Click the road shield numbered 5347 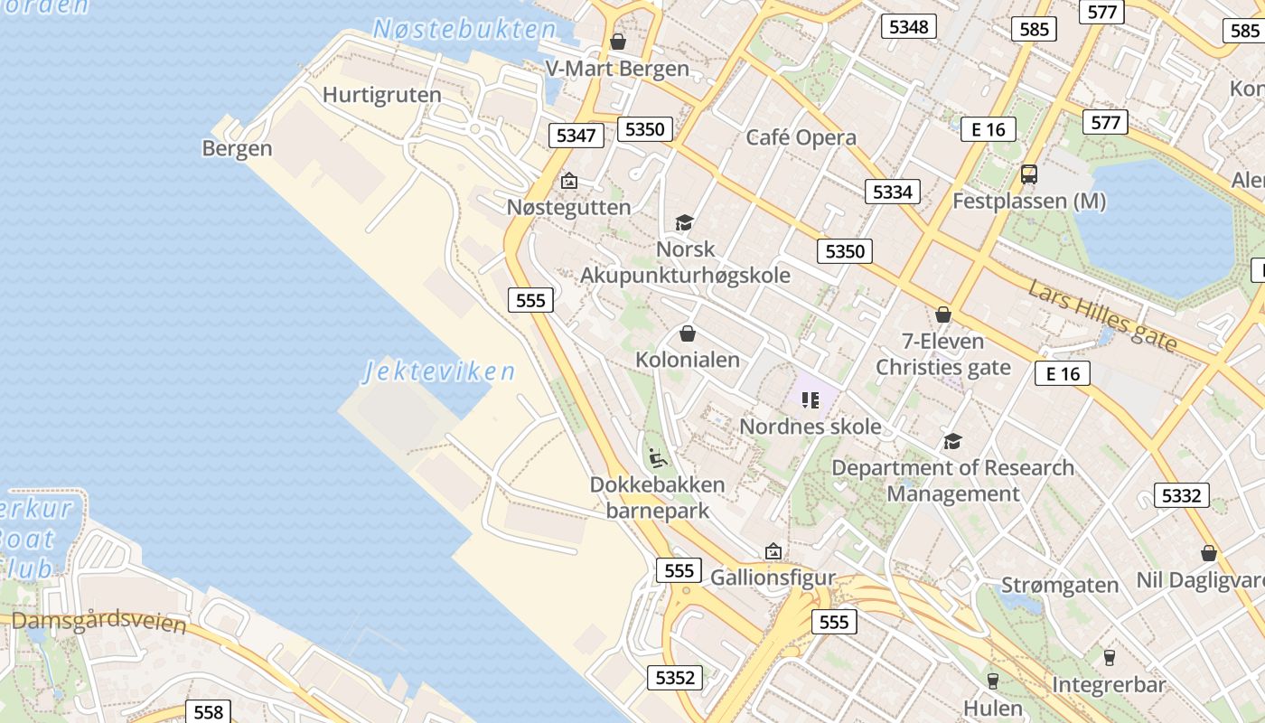click(576, 136)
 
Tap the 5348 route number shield click(908, 26)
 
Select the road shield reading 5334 click(892, 192)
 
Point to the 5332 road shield click(1181, 495)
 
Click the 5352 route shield click(675, 677)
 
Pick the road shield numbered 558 click(208, 712)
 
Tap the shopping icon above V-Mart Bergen click(618, 42)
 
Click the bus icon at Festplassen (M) click(1028, 174)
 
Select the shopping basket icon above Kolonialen click(688, 333)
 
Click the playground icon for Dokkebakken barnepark click(658, 458)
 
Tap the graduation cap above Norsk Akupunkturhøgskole click(685, 222)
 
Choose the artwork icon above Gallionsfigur click(773, 550)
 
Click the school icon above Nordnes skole click(810, 399)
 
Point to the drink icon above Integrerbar click(1109, 657)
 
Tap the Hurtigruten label click(381, 95)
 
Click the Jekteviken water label click(440, 371)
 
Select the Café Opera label click(801, 137)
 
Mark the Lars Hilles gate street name click(1102, 316)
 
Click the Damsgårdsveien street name click(99, 622)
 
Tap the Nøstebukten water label click(465, 29)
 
